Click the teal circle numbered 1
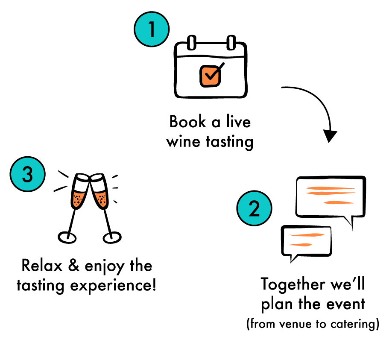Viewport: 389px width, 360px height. tap(152, 29)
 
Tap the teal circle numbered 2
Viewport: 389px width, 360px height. tap(254, 208)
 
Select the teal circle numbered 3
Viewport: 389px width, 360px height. tap(27, 174)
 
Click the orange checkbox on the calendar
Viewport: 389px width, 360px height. tap(211, 76)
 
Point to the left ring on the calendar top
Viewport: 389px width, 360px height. tap(192, 43)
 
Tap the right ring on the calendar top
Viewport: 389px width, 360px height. tap(231, 43)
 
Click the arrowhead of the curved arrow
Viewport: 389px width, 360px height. tap(330, 136)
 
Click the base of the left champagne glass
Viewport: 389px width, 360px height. tap(67, 238)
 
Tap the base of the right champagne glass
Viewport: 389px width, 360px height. tap(112, 238)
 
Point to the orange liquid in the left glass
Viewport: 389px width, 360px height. tap(79, 199)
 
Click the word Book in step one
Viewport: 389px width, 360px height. tap(187, 122)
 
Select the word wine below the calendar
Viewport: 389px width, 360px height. tap(183, 142)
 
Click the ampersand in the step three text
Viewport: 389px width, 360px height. tap(74, 265)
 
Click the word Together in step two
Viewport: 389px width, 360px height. tap(293, 284)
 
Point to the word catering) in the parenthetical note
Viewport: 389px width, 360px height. tap(355, 324)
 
